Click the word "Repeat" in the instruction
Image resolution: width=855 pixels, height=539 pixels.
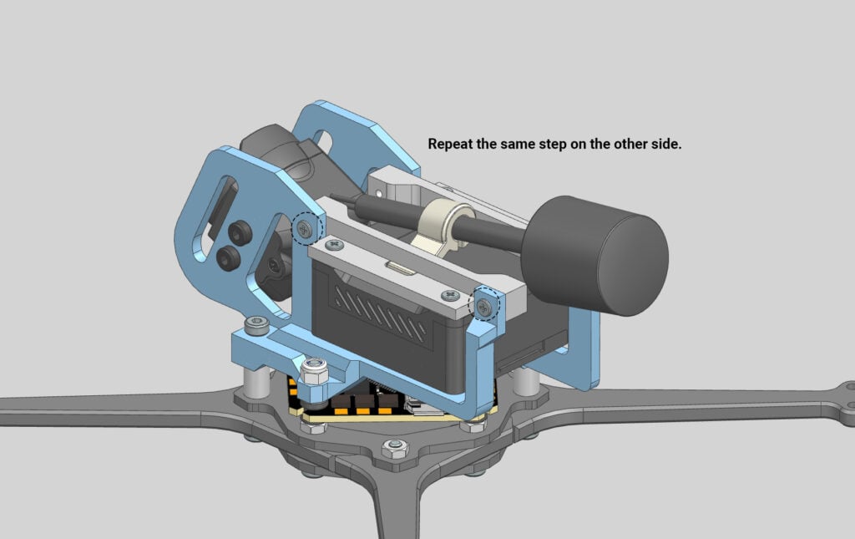[450, 145]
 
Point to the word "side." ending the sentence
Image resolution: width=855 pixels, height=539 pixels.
[668, 145]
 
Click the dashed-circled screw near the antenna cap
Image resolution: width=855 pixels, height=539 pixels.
[485, 307]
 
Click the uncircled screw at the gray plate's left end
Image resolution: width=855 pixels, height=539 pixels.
[335, 246]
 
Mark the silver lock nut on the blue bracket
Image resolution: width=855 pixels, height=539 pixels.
[314, 368]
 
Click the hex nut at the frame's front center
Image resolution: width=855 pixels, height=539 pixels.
[393, 450]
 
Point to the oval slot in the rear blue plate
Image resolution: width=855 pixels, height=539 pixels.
[339, 140]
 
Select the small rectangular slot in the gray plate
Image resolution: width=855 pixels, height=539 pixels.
[398, 268]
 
